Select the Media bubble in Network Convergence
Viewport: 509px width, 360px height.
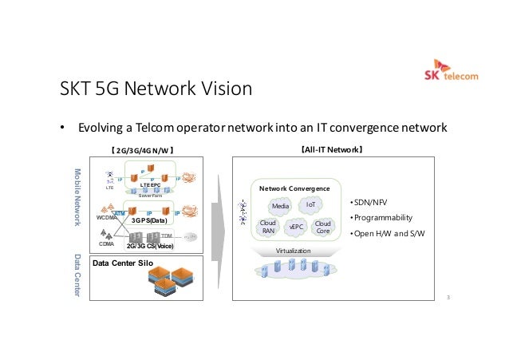point(280,206)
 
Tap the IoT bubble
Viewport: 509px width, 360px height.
point(310,204)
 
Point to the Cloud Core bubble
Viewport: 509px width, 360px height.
point(323,227)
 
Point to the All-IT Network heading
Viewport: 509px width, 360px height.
point(332,149)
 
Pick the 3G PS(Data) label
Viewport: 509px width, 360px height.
point(148,220)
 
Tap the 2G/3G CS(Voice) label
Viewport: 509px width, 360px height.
point(145,247)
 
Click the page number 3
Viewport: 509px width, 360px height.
point(448,299)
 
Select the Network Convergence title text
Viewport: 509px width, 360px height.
point(294,188)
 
